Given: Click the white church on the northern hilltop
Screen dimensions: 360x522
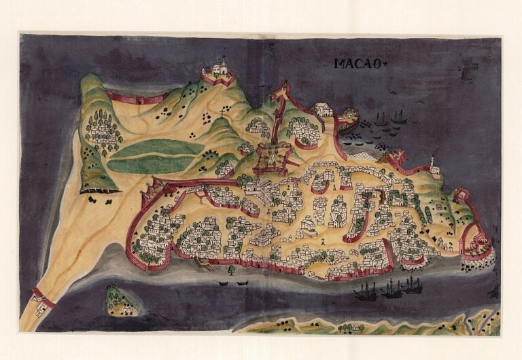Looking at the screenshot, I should pos(219,69).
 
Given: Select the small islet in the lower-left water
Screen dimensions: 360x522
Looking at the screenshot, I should pos(120,300).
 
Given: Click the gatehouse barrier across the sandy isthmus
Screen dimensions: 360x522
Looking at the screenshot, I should pos(42,296).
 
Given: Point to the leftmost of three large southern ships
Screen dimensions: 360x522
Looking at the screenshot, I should pos(366,291).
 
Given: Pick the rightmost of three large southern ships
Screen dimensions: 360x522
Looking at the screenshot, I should pos(412,285).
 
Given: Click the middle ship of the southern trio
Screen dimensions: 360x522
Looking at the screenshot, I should pos(391,289).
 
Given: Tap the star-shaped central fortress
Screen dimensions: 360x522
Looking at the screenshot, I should pos(271,158).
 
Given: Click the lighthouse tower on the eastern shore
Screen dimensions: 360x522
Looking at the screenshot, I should pos(432,163).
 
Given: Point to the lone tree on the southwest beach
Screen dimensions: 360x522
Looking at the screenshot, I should pos(231,269).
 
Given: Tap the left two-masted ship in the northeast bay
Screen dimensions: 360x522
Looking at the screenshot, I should pos(380,119).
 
